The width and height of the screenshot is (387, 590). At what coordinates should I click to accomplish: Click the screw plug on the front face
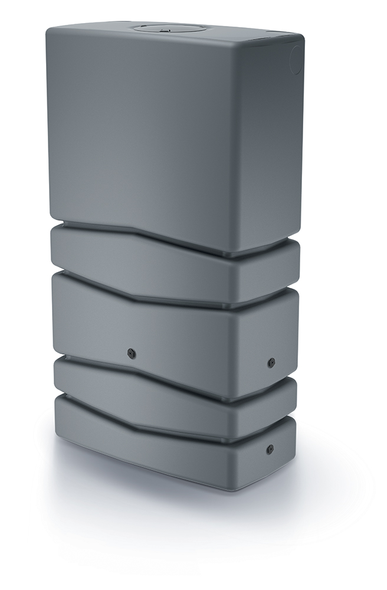pos(131,353)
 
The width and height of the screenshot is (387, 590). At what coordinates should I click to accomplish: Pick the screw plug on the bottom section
pos(270,449)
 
